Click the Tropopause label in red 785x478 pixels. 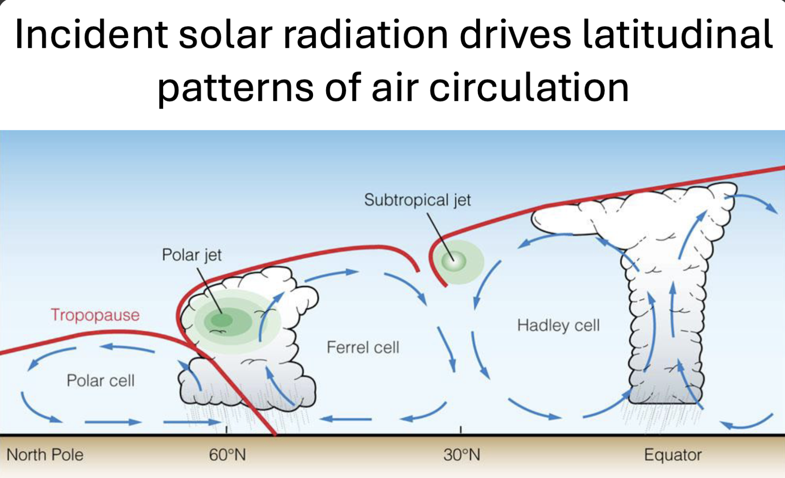coord(95,315)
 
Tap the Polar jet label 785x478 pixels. coord(192,255)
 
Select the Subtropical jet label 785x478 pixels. coord(417,200)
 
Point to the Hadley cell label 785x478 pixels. coord(558,325)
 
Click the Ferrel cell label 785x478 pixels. coord(363,347)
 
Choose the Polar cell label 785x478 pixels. coord(100,380)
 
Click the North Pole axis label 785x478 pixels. coord(45,455)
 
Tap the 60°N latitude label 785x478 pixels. coord(227,455)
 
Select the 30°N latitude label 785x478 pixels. coord(461,455)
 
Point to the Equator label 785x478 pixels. coord(673,455)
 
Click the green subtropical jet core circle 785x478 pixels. coord(454,261)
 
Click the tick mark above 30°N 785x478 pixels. coord(461,429)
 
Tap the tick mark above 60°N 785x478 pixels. coord(226,429)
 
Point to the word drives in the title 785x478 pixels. coord(515,35)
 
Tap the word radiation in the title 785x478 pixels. coord(365,35)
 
